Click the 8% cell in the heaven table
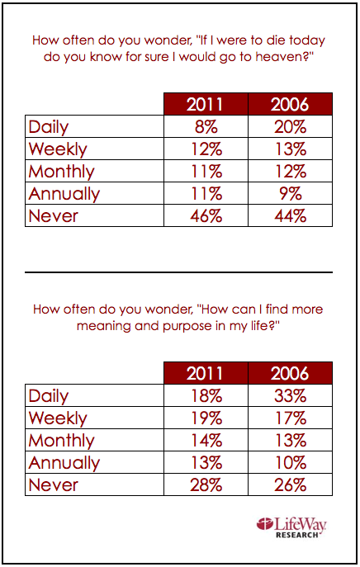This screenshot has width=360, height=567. point(206,126)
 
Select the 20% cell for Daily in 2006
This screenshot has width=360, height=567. point(290,126)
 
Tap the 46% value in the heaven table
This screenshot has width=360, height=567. point(206,216)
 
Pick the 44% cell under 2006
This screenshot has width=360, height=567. point(290,216)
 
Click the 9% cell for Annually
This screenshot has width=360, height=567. point(290,193)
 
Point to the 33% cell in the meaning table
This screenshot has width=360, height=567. point(290,395)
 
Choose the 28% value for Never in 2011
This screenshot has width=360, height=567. point(206,485)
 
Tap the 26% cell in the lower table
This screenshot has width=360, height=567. point(290,485)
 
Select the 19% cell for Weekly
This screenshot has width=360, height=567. point(206,418)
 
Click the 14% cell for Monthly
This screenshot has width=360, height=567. point(206,441)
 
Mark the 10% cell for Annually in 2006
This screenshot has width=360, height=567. point(290,462)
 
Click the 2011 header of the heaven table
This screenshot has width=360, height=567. point(205,104)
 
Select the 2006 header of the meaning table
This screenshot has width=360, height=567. point(290,373)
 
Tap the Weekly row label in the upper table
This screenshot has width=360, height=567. point(58,149)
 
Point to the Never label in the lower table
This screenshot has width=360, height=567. point(53,485)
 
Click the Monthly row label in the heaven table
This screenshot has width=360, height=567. point(61,172)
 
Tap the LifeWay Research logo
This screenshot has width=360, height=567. point(291,527)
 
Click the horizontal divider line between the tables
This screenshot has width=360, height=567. point(178,272)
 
